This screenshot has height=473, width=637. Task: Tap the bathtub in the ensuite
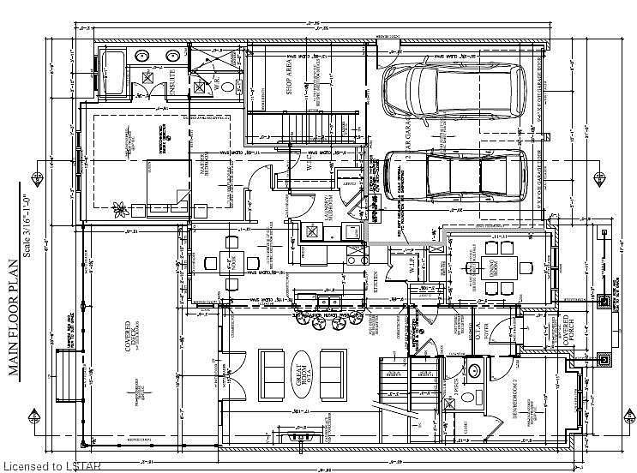(113, 70)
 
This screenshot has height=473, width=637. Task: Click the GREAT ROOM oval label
(305, 370)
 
